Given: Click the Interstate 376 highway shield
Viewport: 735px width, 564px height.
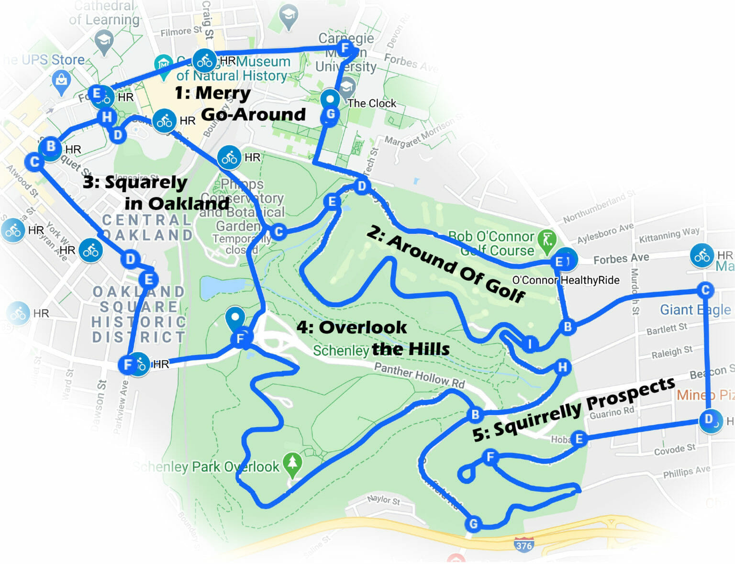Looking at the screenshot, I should pyautogui.click(x=523, y=545).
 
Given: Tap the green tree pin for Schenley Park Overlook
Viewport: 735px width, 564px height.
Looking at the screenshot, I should pyautogui.click(x=292, y=464).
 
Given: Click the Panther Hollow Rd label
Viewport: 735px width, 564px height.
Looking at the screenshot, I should pyautogui.click(x=419, y=376).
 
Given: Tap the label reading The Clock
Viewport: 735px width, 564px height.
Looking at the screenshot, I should pyautogui.click(x=372, y=103).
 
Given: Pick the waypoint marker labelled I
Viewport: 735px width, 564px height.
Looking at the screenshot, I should pyautogui.click(x=530, y=343).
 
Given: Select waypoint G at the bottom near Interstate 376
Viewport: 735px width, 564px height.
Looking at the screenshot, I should pyautogui.click(x=473, y=524).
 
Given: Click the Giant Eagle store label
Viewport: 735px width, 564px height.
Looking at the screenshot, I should pyautogui.click(x=695, y=310).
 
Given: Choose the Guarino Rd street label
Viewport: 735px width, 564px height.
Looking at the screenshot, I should pyautogui.click(x=612, y=412).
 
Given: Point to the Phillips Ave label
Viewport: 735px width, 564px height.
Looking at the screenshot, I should pyautogui.click(x=686, y=472).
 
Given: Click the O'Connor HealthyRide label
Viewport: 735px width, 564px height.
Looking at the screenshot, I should pyautogui.click(x=566, y=280).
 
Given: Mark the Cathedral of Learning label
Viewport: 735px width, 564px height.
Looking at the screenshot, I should pyautogui.click(x=104, y=13).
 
